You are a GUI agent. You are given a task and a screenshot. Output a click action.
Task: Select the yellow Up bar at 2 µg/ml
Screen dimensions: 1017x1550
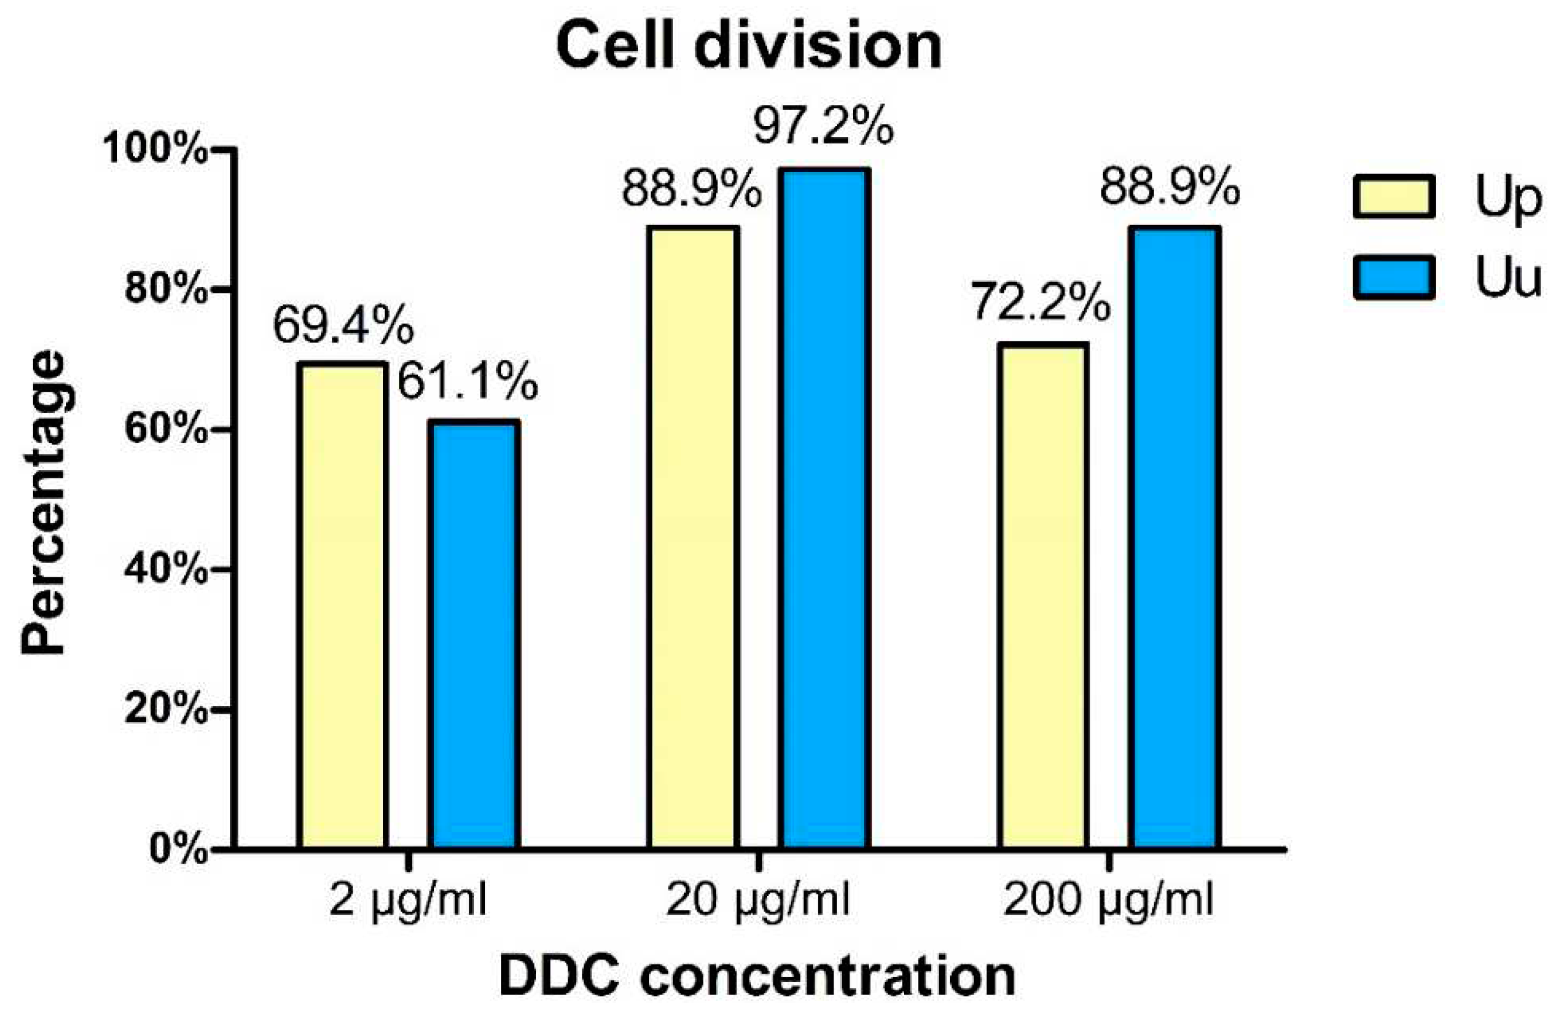pos(343,605)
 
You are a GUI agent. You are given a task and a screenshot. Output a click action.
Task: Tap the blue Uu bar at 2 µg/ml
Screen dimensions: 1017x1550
pos(473,635)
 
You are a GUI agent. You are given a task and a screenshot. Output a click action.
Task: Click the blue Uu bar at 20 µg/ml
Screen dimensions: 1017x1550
pos(827,508)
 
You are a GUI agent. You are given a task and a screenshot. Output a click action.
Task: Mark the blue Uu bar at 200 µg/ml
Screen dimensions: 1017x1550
pos(1175,537)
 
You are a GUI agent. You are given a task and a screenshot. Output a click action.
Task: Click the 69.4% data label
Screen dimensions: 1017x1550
pos(343,325)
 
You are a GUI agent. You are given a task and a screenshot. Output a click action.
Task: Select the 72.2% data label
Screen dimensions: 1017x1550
pos(1041,303)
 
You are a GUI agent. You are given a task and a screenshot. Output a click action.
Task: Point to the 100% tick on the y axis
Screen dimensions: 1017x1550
pos(156,150)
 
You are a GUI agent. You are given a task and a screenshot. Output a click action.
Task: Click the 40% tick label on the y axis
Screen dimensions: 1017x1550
pos(166,570)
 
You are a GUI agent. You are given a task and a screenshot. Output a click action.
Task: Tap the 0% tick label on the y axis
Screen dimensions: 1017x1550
pos(177,849)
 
